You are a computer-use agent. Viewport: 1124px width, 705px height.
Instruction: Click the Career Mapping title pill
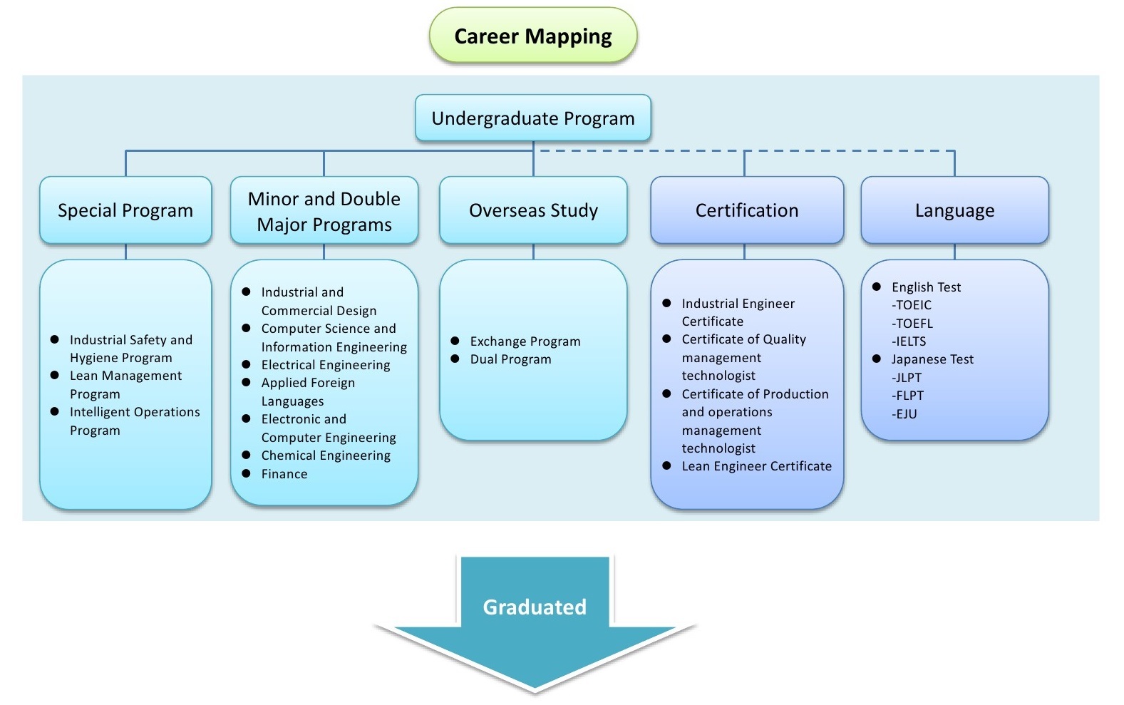[x=533, y=35]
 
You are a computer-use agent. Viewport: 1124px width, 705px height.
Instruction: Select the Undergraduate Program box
[x=533, y=118]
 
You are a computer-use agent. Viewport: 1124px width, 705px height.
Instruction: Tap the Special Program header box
[x=125, y=210]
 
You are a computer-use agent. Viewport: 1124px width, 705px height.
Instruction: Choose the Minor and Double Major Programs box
[x=324, y=210]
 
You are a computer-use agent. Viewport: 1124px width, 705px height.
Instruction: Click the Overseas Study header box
[x=533, y=210]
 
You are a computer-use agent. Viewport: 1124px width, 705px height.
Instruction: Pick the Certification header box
[x=747, y=210]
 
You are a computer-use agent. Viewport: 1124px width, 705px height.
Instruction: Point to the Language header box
[x=955, y=210]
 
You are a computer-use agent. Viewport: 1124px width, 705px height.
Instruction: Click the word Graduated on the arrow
[x=535, y=607]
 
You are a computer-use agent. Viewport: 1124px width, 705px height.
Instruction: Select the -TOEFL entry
[x=912, y=323]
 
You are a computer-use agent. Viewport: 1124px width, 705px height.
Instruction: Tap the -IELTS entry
[x=909, y=341]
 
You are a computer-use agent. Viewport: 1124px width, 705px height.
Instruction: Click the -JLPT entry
[x=907, y=377]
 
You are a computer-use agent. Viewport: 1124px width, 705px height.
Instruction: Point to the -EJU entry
[x=904, y=414]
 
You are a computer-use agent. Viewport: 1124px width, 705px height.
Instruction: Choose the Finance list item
[x=284, y=473]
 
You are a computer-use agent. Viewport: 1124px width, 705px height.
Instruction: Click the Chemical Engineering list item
[x=326, y=455]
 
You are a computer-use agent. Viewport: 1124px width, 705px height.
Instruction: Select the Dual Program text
[x=510, y=359]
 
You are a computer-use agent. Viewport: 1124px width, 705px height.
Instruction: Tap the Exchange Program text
[x=525, y=341]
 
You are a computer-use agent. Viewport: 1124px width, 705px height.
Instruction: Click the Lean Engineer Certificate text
[x=756, y=466]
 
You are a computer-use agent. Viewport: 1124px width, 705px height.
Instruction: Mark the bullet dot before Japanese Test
[x=877, y=359]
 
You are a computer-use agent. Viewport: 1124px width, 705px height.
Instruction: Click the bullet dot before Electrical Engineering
[x=246, y=364]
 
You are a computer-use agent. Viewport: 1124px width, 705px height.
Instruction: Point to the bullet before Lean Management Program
[x=55, y=376]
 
